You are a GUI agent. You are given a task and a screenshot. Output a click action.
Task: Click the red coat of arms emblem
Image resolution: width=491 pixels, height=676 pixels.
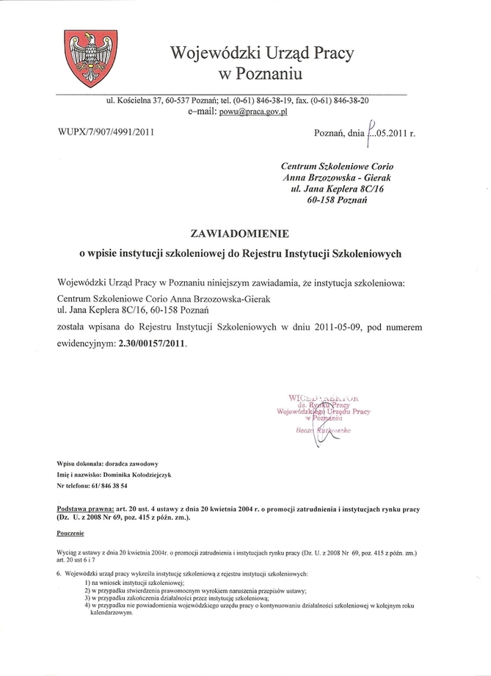87,59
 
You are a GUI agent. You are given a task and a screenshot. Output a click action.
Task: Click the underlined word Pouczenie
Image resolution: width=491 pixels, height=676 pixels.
71,533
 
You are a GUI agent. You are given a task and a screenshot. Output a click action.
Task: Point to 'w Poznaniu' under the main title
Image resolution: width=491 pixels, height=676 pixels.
260,74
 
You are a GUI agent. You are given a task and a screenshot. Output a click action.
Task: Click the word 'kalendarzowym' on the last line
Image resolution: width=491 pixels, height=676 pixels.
109,614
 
